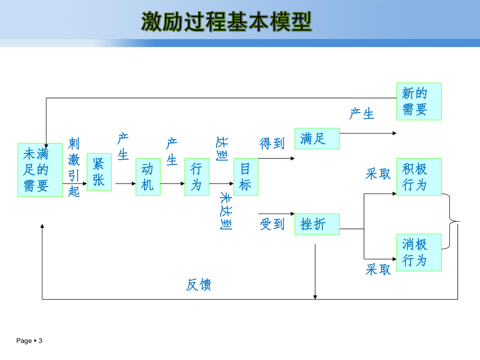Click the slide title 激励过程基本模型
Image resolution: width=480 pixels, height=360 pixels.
(x=226, y=22)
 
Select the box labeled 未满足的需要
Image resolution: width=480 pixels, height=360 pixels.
(x=40, y=170)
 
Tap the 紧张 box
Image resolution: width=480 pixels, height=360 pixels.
(x=99, y=172)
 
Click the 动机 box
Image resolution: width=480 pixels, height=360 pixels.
(x=148, y=176)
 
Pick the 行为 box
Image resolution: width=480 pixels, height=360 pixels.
(x=197, y=176)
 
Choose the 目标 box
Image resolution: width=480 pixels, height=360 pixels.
(x=245, y=176)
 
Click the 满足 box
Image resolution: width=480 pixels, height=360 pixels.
(x=317, y=138)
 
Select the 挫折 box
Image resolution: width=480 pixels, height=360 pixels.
(x=317, y=224)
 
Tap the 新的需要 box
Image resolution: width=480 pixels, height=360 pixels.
(x=418, y=101)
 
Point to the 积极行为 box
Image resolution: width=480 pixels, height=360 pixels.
(x=418, y=176)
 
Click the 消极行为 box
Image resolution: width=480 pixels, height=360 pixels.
(x=418, y=252)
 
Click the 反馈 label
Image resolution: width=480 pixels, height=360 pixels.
(x=199, y=285)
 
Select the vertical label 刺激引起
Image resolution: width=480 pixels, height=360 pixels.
(x=74, y=167)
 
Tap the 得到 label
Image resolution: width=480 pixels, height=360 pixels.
(x=272, y=143)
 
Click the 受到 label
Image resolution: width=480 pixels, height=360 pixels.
(x=272, y=224)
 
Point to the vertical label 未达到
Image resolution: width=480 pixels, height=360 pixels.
(x=225, y=211)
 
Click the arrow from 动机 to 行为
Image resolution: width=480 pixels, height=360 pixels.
(x=172, y=184)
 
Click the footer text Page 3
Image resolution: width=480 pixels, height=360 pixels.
(x=29, y=341)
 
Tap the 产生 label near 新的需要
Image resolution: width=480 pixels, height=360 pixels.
(x=362, y=113)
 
